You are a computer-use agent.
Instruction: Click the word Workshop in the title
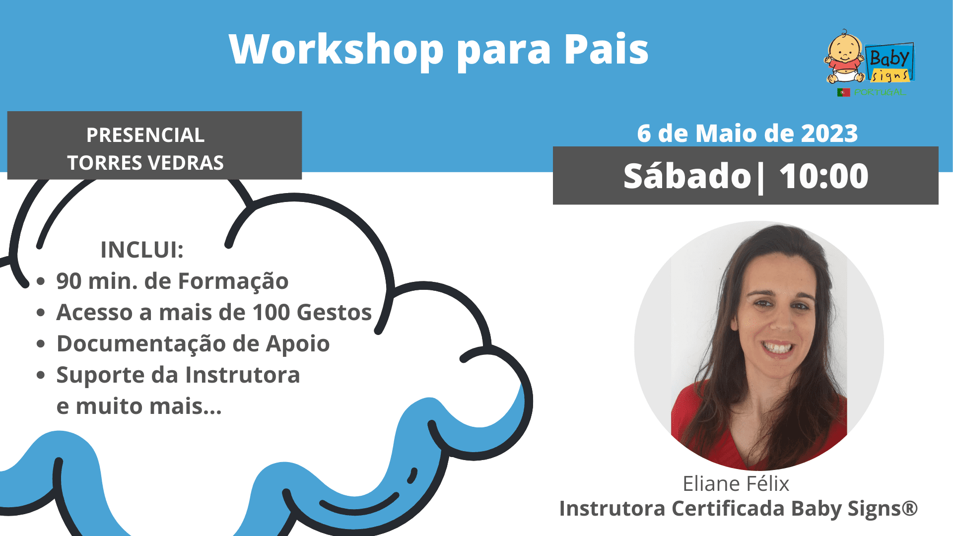[337, 50]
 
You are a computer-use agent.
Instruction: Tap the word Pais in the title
[606, 49]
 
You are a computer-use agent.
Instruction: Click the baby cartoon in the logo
[845, 57]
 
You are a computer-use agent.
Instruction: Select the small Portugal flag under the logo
[844, 92]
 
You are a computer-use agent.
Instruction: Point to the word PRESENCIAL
[145, 135]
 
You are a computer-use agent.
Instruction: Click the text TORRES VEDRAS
[145, 163]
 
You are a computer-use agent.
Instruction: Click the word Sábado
[687, 176]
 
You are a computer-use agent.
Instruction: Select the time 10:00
[824, 176]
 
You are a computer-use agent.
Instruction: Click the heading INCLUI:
[142, 250]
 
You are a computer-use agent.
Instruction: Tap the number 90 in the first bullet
[69, 281]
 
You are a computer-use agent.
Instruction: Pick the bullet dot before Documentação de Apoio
[41, 344]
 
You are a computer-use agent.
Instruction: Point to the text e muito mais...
[139, 406]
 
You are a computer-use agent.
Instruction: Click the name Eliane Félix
[736, 483]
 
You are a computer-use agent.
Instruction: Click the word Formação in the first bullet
[233, 281]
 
